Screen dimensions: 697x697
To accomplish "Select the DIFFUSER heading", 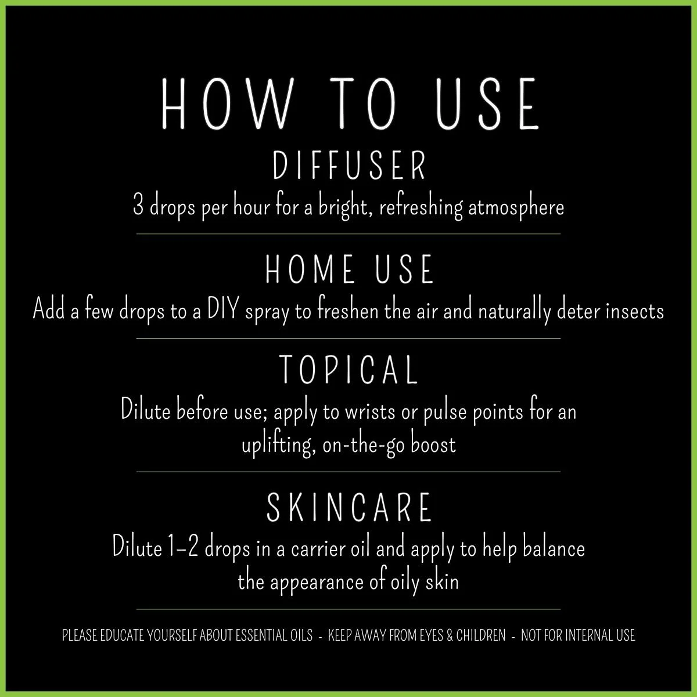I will click(x=350, y=166).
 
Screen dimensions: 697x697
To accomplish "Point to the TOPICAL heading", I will click(x=349, y=369).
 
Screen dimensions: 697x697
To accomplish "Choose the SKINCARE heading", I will click(x=350, y=507).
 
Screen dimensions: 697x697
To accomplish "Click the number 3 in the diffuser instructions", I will click(x=138, y=207).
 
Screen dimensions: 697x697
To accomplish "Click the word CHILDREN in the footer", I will click(x=480, y=635).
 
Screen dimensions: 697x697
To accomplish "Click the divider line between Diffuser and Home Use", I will click(x=348, y=233).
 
